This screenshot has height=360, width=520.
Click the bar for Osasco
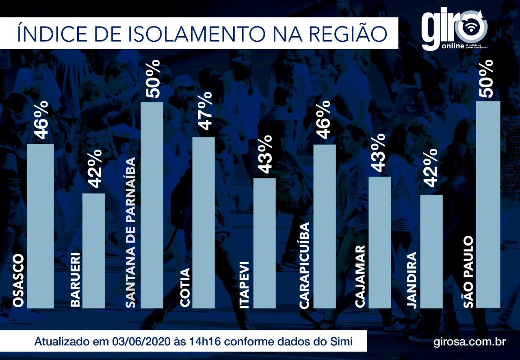[40, 226]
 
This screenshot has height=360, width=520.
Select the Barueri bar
[94, 250]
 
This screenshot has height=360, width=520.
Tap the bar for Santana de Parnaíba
[152, 205]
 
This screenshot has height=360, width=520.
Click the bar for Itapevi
[264, 243]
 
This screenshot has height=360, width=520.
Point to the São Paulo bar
[488, 204]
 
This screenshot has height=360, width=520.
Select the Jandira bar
[431, 251]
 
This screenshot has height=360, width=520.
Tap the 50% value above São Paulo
[487, 78]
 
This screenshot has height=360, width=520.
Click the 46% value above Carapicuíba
[324, 119]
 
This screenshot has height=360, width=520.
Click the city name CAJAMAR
[360, 276]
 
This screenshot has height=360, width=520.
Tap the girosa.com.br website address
[470, 341]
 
